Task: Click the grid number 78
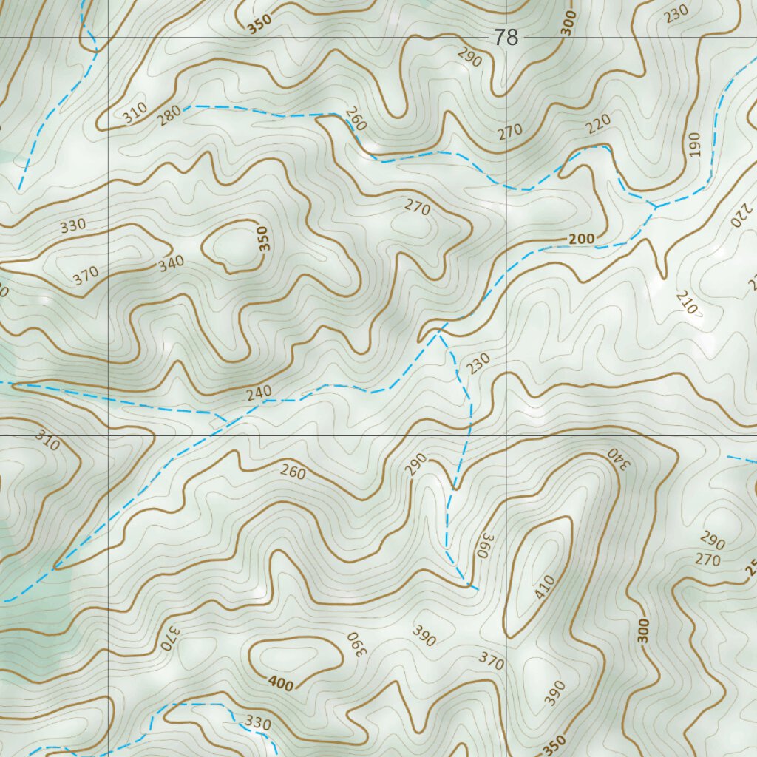[506, 38]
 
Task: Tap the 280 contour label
[169, 116]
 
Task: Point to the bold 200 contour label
[582, 239]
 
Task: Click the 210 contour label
[685, 302]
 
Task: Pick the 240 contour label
[259, 392]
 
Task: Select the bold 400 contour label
[281, 684]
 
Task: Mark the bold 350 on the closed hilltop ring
[265, 238]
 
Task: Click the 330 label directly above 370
[73, 225]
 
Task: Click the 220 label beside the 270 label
[598, 126]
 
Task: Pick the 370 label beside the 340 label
[86, 276]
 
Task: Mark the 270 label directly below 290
[707, 560]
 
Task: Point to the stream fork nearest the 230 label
[439, 333]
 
